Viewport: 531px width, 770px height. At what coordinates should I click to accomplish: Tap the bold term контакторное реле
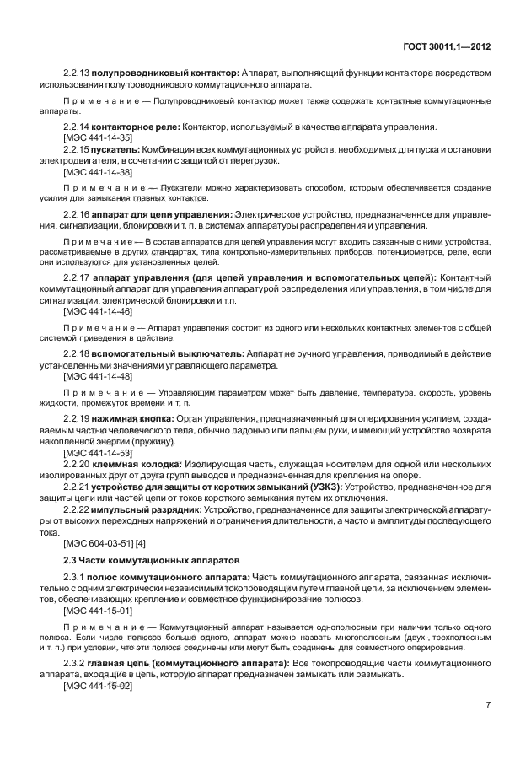[x=137, y=127]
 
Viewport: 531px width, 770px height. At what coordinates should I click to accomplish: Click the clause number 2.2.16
[x=76, y=215]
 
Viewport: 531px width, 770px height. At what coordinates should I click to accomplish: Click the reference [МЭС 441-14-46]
[x=92, y=310]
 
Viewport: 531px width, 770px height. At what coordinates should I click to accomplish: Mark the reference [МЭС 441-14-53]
[x=92, y=451]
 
